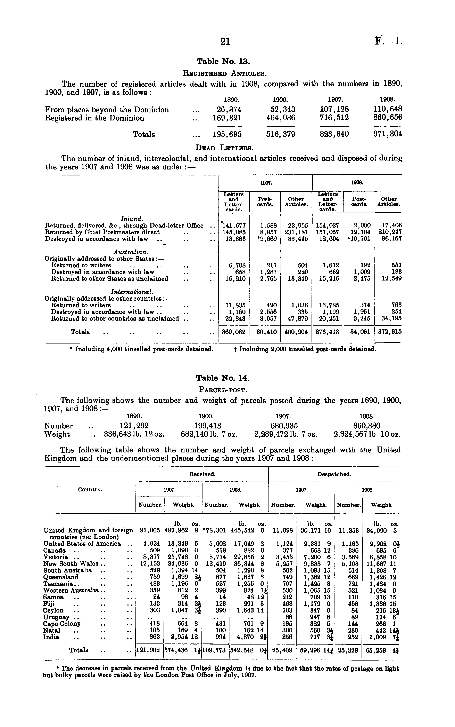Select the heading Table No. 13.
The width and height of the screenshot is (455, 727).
223,62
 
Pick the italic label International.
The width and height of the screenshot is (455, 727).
132,292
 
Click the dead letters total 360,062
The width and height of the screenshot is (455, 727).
233,332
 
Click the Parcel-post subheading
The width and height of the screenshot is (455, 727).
223,390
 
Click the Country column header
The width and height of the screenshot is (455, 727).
90,490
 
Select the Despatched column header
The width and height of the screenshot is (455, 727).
334,474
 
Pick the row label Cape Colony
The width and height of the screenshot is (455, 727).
62,624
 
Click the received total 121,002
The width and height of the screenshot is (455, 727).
148,650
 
